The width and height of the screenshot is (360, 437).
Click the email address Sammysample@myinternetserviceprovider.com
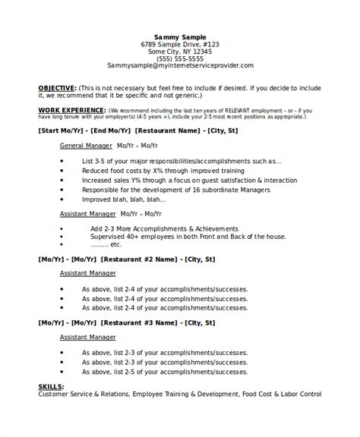[179, 67]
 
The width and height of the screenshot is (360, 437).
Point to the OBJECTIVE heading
[57, 88]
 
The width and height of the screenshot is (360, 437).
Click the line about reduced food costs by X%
[171, 171]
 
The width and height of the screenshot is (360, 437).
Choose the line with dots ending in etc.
[106, 245]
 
